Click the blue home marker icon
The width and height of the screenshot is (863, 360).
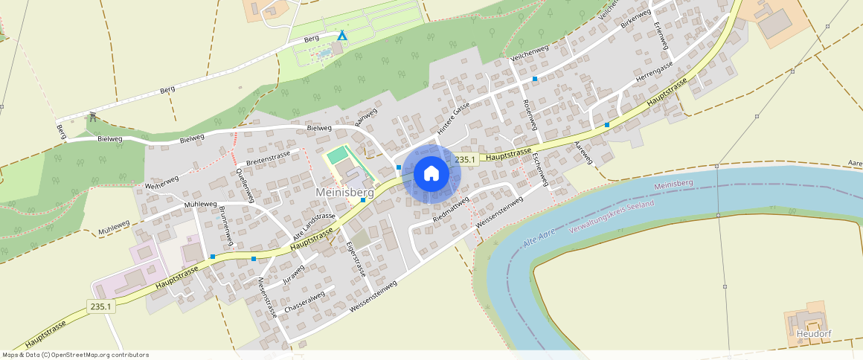tap(431, 174)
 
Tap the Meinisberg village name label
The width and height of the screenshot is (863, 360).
tap(344, 192)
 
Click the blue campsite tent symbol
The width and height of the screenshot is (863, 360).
tap(342, 36)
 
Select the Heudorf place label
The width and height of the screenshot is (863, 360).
tap(813, 333)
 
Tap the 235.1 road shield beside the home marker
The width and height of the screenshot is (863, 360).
tap(465, 159)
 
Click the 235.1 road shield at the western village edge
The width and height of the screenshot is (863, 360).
tap(100, 306)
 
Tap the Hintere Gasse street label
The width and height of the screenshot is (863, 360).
tap(453, 118)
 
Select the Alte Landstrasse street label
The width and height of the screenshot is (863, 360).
tap(314, 225)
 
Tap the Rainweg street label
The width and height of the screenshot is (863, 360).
tap(366, 118)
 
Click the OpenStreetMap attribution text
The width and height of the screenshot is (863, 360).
tap(74, 355)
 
